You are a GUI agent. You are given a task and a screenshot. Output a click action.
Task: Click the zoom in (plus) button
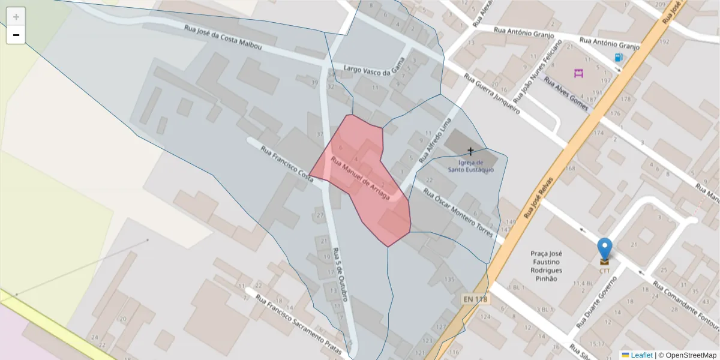[x=16, y=17]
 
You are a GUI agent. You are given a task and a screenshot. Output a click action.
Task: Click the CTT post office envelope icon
[x=604, y=261]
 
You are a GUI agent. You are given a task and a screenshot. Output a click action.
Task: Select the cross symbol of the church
[x=470, y=151]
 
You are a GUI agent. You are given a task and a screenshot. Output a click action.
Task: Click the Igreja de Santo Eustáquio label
[x=471, y=166]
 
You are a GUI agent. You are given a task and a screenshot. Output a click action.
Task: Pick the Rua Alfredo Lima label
[x=434, y=142]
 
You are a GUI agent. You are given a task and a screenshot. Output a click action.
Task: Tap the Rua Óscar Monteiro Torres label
[x=458, y=212]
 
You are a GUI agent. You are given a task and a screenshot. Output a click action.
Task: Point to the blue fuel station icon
[x=619, y=58]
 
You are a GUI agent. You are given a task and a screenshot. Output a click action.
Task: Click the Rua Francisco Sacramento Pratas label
[x=298, y=323]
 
